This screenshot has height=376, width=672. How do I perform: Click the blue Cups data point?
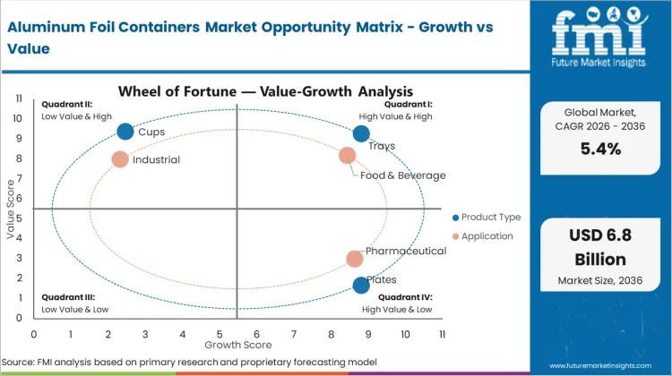click(125, 132)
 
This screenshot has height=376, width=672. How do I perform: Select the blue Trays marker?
click(361, 133)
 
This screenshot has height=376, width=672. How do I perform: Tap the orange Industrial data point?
click(120, 159)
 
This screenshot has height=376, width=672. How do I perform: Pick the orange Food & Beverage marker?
click(348, 156)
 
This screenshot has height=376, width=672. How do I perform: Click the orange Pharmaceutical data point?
click(355, 259)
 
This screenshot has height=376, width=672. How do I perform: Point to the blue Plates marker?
click(361, 286)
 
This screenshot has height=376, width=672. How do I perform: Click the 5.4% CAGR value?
click(600, 150)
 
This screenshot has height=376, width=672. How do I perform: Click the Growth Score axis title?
click(237, 344)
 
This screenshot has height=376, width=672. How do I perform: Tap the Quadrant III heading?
click(68, 296)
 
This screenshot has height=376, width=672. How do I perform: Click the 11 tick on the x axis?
click(442, 334)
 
